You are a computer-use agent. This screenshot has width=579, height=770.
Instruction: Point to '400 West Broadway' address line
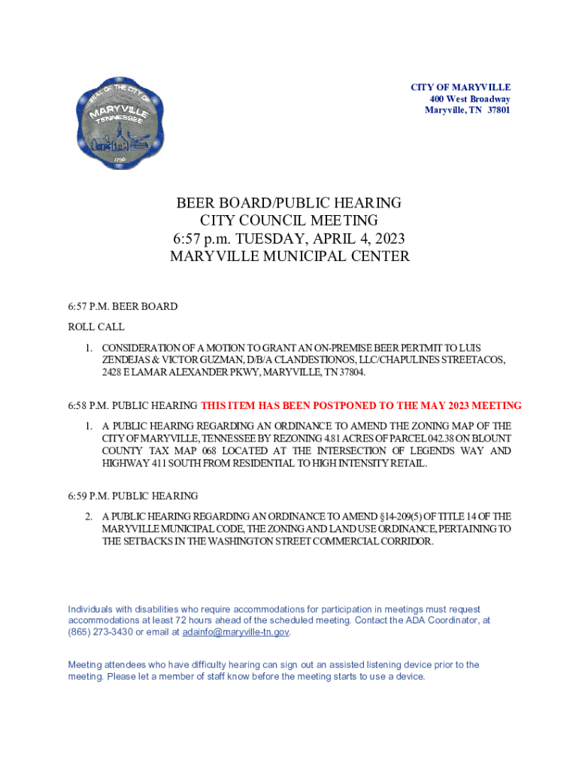pos(470,99)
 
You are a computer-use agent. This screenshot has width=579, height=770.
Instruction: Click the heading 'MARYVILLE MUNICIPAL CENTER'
pos(289,256)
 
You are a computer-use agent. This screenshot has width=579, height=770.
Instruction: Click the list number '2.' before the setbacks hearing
pos(89,517)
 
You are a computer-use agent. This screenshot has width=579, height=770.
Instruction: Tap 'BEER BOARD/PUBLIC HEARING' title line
pos(289,203)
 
